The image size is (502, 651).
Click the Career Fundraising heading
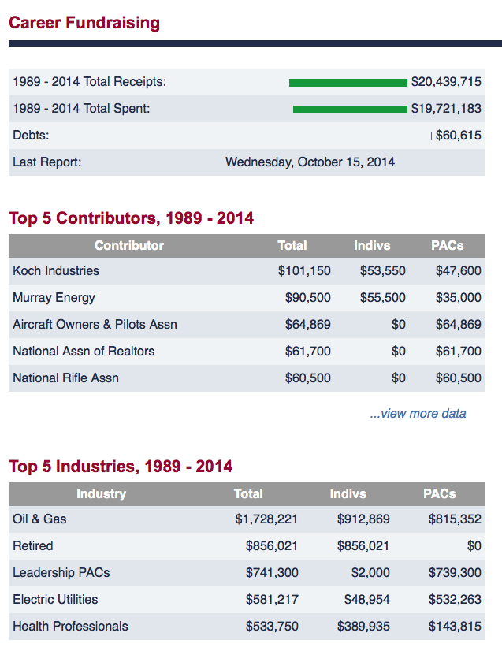[84, 23]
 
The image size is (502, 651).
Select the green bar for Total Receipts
[348, 83]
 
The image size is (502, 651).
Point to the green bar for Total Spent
[350, 110]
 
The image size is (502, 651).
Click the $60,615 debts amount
[459, 136]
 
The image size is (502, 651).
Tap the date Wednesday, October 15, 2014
[310, 162]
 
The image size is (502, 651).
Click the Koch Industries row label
[56, 270]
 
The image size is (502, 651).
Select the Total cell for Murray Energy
[307, 298]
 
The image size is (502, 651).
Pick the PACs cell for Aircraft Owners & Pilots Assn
[459, 324]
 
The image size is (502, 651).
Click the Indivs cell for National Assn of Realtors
[398, 352]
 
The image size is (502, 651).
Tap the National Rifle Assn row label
[65, 378]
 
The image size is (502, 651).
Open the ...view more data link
[418, 414]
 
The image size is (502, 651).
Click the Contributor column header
[129, 245]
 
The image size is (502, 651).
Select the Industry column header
[102, 493]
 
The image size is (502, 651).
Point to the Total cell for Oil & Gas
[266, 519]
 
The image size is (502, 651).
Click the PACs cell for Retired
[474, 545]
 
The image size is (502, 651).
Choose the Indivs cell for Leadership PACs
[370, 572]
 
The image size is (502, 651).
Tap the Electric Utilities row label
[55, 600]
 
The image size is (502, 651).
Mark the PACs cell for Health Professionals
[455, 626]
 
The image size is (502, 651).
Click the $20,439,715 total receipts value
[446, 82]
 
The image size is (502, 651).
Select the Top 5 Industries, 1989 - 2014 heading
[121, 467]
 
